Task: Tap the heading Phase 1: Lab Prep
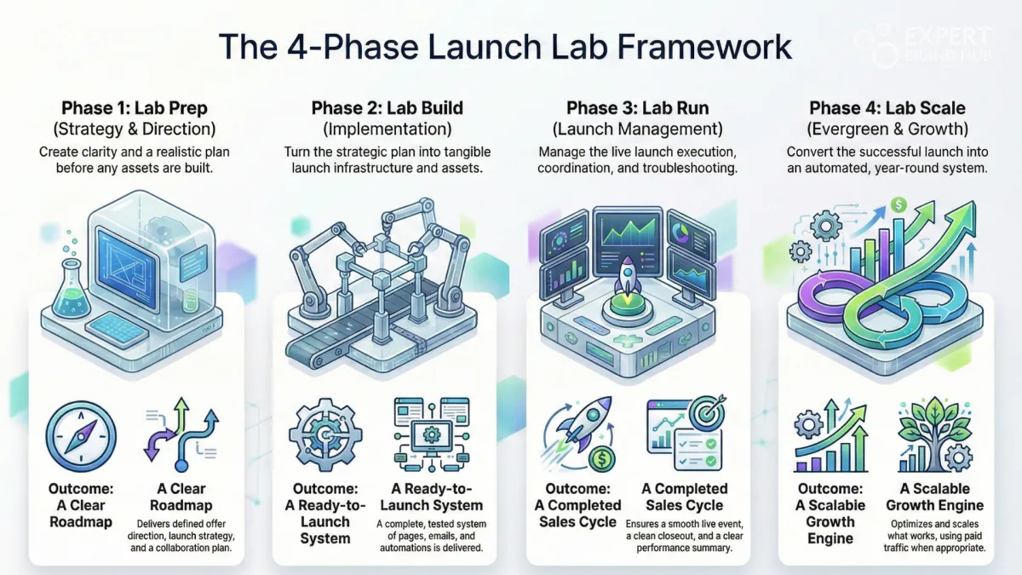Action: click(135, 108)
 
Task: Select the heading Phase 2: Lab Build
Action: click(388, 108)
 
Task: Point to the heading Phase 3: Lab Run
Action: click(638, 108)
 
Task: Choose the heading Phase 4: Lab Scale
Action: click(887, 108)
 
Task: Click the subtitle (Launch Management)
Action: click(638, 129)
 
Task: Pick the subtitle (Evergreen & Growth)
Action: click(887, 129)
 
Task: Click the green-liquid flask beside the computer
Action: click(72, 289)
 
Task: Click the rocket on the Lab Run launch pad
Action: click(627, 276)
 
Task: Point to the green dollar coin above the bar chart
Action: click(899, 205)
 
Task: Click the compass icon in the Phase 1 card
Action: click(81, 437)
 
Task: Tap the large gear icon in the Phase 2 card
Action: click(325, 435)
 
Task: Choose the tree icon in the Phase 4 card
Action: click(935, 434)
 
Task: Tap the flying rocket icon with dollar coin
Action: click(578, 434)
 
